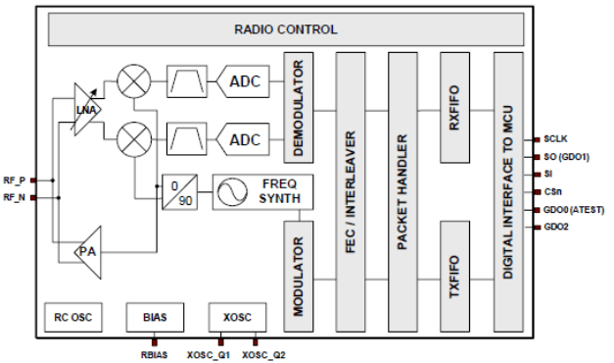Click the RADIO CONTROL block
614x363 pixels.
(x=285, y=29)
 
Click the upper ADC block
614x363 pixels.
(x=246, y=81)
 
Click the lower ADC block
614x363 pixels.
(x=246, y=140)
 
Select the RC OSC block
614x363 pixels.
(x=73, y=319)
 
